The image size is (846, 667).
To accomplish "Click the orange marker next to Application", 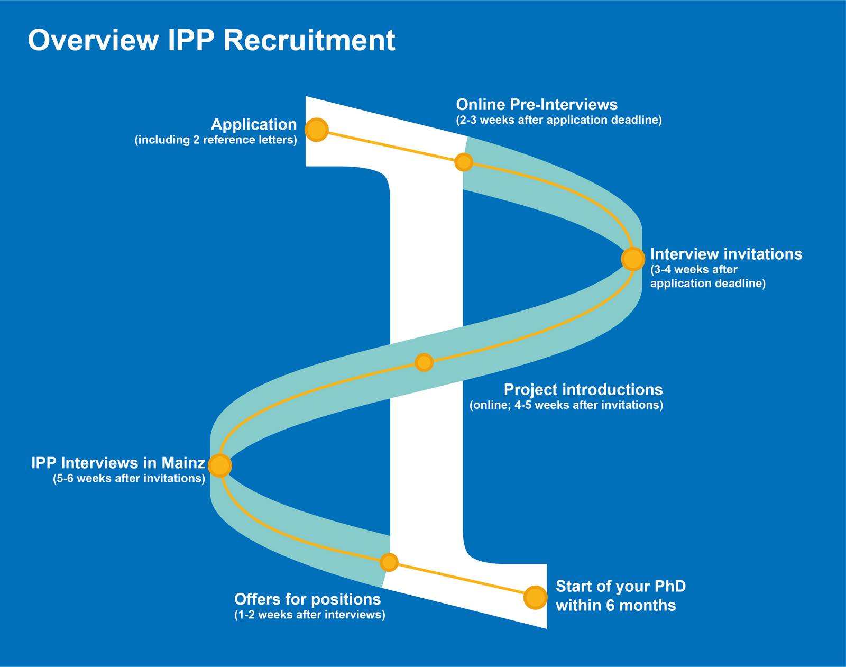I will (x=316, y=130).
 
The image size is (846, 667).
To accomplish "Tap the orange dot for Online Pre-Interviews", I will (x=464, y=162).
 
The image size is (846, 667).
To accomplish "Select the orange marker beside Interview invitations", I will (x=632, y=259).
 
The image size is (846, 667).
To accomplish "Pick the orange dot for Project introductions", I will (x=424, y=362).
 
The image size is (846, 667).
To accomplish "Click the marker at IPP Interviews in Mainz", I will (x=220, y=465).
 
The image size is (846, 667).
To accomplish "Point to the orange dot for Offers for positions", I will (x=389, y=562).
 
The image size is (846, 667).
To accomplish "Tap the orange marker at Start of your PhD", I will (x=535, y=598).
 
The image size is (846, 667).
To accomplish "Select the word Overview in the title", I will (x=93, y=40).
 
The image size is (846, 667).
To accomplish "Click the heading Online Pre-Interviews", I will (x=537, y=104).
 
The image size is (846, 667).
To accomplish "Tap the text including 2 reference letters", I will (x=216, y=140).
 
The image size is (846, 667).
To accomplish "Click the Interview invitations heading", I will (x=726, y=254).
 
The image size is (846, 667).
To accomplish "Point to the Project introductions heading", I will (x=583, y=389).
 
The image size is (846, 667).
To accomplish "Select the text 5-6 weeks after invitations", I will (x=128, y=479).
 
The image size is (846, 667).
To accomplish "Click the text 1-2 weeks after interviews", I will (x=309, y=615).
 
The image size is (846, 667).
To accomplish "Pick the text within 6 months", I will (x=615, y=605).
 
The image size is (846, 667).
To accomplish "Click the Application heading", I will (x=254, y=124).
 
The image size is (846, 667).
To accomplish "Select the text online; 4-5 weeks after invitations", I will (x=566, y=406).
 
